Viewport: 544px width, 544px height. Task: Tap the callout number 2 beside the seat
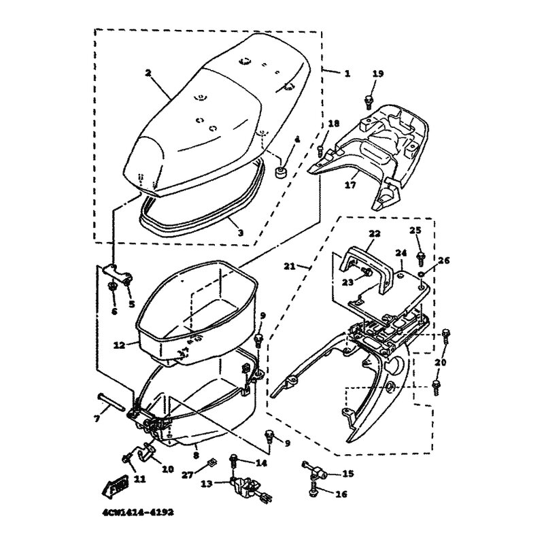(x=148, y=71)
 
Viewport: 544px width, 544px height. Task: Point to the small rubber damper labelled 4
(x=281, y=171)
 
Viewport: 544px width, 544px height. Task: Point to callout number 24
(x=402, y=252)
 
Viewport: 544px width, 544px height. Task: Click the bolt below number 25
(x=421, y=256)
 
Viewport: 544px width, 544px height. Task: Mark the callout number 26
(x=443, y=260)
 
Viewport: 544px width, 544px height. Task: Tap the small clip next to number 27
(x=211, y=464)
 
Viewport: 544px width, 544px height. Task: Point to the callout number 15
(x=348, y=473)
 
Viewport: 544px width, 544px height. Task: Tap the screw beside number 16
(x=313, y=488)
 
